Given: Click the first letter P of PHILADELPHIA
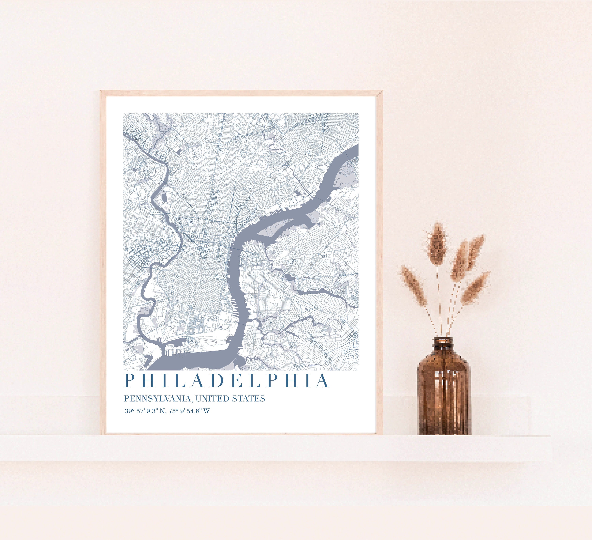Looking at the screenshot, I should [x=129, y=381].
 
